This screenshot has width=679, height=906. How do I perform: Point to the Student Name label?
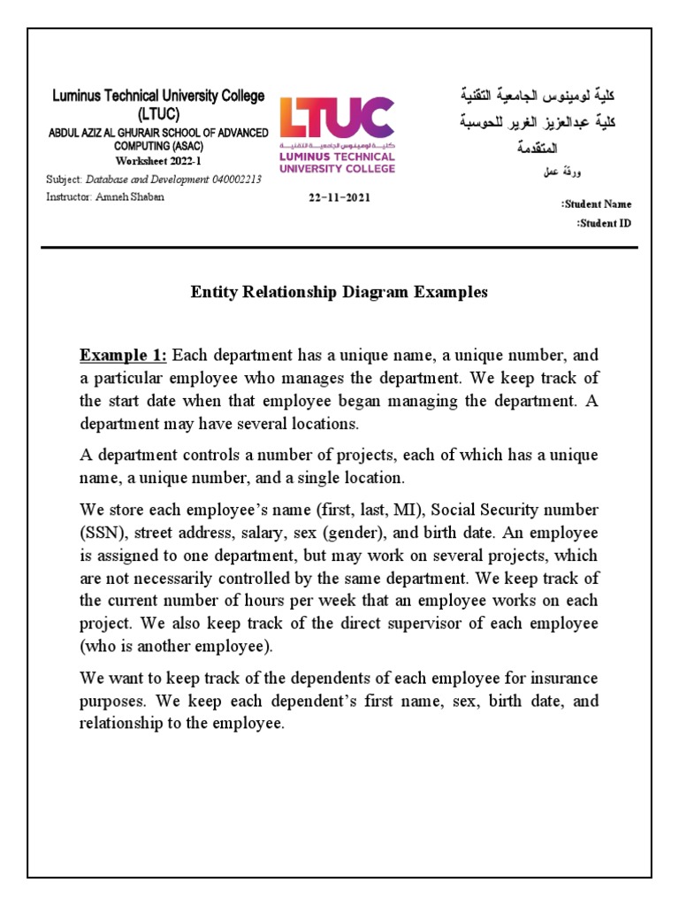pos(597,204)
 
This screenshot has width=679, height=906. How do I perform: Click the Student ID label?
pos(604,223)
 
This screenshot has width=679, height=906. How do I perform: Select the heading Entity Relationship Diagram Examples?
pos(339,293)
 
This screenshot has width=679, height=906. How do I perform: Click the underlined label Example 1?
pos(124,356)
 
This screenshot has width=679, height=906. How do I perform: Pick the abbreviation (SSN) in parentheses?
pos(100,534)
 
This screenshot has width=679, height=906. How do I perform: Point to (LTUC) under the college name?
pos(157,114)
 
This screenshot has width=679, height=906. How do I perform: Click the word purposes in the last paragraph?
pos(112,702)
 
